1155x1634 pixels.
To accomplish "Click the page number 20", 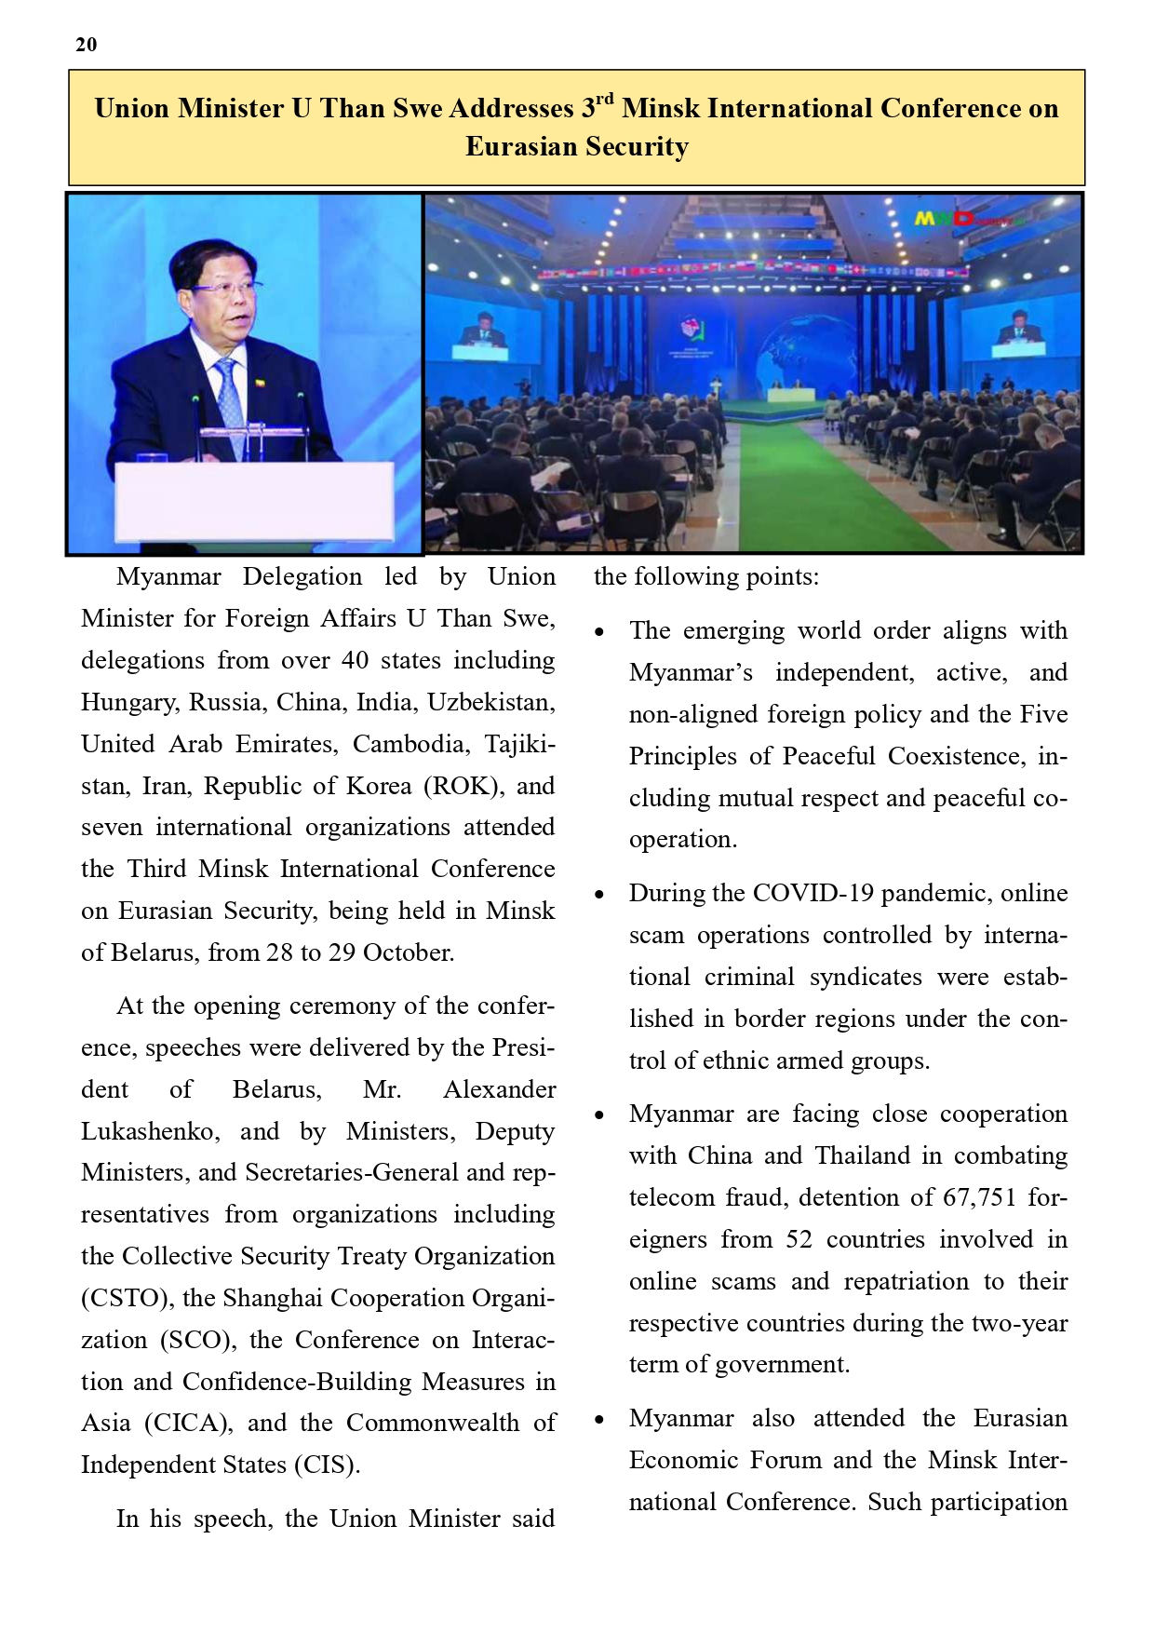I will tap(86, 45).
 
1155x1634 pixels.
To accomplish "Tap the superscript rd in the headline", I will tap(604, 99).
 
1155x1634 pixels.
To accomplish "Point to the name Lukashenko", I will tap(150, 1131).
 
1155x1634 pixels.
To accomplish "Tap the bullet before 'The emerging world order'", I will tap(600, 632).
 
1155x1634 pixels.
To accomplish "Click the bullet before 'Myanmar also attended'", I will tap(600, 1420).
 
